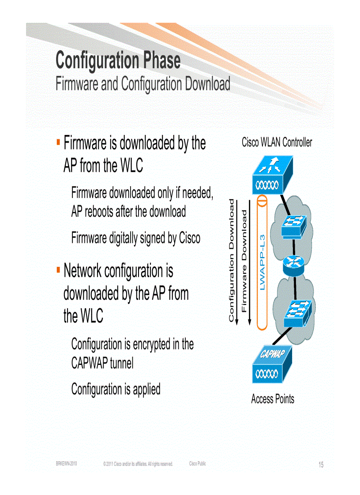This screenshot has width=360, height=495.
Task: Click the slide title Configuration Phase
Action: point(118,60)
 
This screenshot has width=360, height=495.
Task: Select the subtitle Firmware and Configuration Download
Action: point(142,84)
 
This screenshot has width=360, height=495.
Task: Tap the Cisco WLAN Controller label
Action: point(277,142)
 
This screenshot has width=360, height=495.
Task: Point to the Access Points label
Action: point(272,399)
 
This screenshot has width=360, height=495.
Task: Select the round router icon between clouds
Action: point(292,263)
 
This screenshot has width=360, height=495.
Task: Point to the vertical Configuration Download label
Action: point(231,260)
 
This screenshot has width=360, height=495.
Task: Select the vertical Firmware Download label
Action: point(244,260)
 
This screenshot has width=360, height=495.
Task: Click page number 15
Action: point(321,465)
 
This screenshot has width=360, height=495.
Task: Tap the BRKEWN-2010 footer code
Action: point(67,464)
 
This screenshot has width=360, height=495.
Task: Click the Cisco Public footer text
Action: point(197,464)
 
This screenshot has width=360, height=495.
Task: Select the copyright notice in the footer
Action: point(138,464)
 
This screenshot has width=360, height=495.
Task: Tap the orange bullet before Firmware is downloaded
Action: point(58,141)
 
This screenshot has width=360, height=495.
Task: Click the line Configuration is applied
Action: point(116,389)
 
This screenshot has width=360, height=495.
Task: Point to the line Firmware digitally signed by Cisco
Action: point(135,238)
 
